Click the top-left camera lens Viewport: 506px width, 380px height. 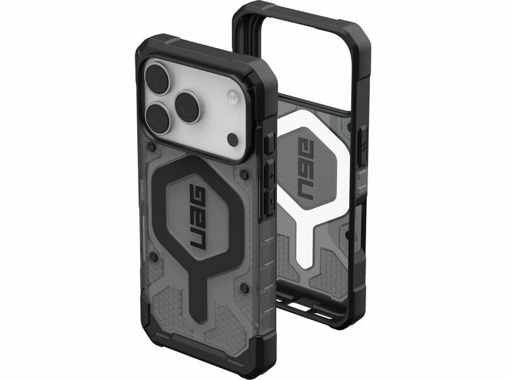[x=157, y=79]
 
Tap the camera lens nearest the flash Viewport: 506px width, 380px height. [x=187, y=108]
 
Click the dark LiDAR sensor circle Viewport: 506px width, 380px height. [x=232, y=139]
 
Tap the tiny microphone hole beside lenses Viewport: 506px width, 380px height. [x=233, y=118]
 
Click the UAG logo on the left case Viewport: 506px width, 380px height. [x=198, y=217]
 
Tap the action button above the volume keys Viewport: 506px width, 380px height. [x=270, y=142]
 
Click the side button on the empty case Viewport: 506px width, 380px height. [x=362, y=147]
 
